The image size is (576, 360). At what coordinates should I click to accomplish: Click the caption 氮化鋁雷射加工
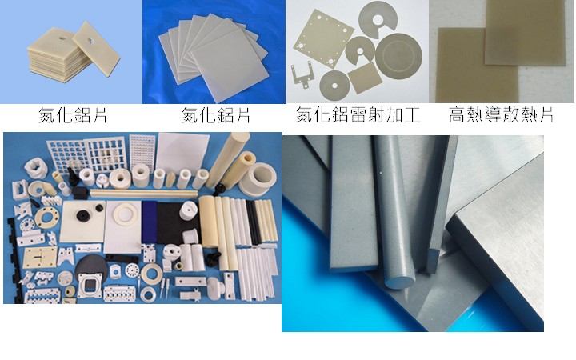click(358, 114)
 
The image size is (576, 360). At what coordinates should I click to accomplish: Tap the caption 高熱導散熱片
click(501, 114)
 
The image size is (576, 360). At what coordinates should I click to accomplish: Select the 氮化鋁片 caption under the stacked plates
click(72, 115)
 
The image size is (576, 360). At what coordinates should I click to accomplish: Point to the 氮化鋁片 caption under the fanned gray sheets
click(216, 115)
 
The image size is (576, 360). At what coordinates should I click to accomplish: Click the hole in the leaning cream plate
click(90, 41)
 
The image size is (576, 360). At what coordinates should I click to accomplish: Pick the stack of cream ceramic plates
click(58, 55)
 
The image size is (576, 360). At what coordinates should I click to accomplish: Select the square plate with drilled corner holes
click(318, 38)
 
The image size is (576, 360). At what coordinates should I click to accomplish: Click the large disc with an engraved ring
click(398, 55)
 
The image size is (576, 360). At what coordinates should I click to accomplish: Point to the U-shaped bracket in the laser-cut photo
click(302, 75)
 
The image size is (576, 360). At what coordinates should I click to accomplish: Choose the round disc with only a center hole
click(334, 86)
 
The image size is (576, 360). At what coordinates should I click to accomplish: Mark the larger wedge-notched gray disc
click(378, 18)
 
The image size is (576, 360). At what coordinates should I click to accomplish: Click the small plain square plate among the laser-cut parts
click(365, 78)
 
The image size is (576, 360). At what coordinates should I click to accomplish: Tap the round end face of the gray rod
click(400, 281)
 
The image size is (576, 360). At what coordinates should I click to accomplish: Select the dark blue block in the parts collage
click(149, 222)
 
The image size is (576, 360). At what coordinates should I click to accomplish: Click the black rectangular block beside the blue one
click(174, 223)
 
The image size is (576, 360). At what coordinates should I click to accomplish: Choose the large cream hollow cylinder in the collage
click(257, 178)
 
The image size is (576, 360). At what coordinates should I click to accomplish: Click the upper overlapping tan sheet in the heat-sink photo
click(525, 32)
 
